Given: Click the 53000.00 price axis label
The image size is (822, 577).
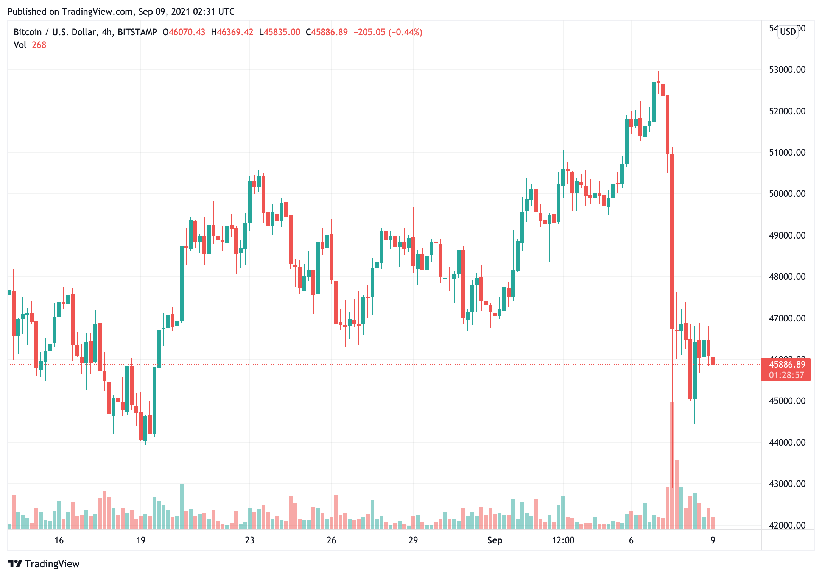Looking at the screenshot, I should (x=787, y=70).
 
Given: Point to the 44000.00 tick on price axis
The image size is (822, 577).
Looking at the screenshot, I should (x=787, y=442).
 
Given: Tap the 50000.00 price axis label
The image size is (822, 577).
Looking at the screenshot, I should (x=787, y=194).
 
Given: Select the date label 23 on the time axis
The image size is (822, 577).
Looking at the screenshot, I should (x=249, y=540).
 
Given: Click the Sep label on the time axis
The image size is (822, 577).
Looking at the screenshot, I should (x=495, y=540).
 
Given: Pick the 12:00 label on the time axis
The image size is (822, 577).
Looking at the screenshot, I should (x=563, y=540).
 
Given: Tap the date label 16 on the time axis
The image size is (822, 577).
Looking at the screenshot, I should (x=59, y=540).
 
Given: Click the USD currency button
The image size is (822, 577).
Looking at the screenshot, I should (x=788, y=32).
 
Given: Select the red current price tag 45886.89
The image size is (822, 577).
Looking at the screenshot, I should (x=787, y=365).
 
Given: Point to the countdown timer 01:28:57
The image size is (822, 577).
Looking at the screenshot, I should (x=786, y=375).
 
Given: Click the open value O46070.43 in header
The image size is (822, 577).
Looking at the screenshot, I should (x=184, y=32).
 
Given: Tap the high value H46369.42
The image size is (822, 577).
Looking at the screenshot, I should (x=232, y=32).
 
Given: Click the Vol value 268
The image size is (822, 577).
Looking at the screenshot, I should (x=39, y=45).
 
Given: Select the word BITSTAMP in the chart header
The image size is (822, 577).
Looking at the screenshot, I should (x=137, y=32).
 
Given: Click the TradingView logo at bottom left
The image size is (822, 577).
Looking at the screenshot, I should (x=44, y=564).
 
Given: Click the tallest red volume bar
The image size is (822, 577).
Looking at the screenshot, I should (x=672, y=466).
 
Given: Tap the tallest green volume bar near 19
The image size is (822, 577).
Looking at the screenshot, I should (x=182, y=507).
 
